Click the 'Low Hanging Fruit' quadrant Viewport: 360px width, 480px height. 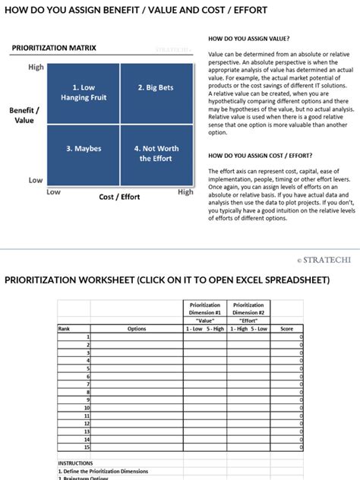click(x=83, y=93)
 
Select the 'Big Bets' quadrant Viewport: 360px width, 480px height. click(x=156, y=93)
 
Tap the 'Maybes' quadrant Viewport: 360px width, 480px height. click(x=83, y=154)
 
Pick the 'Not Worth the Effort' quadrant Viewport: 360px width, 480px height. click(x=156, y=154)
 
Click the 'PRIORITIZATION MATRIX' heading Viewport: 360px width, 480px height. click(x=54, y=48)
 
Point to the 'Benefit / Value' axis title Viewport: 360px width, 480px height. click(x=24, y=115)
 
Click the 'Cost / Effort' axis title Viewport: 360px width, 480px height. click(x=119, y=197)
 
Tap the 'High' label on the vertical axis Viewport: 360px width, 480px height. click(x=36, y=67)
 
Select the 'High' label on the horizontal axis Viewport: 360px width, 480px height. click(x=185, y=192)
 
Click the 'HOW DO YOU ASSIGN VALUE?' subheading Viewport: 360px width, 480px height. click(x=248, y=38)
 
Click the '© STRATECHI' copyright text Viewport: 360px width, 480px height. click(x=324, y=260)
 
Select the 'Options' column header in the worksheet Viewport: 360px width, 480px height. click(x=137, y=329)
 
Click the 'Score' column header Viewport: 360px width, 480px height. click(x=286, y=329)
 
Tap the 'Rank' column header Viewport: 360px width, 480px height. click(x=64, y=329)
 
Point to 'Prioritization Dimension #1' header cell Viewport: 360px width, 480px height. click(x=204, y=308)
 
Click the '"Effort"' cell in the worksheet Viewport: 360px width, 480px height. click(x=248, y=321)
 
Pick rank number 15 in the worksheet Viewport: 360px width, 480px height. click(x=86, y=448)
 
